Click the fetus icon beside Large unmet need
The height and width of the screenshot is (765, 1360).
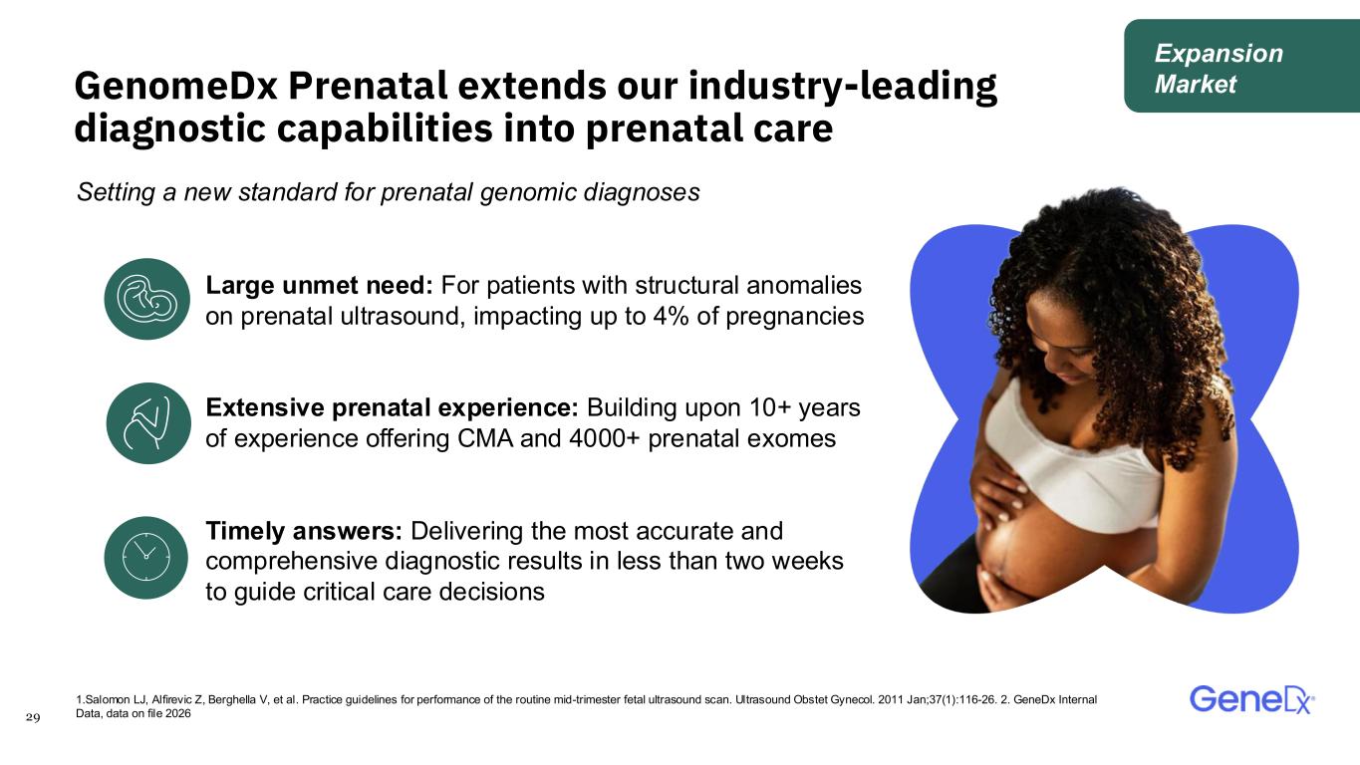pyautogui.click(x=146, y=299)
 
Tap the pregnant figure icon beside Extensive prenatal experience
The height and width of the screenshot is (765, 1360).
pyautogui.click(x=148, y=423)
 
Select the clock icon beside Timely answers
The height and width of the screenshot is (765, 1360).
pyautogui.click(x=146, y=558)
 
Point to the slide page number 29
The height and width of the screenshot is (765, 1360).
pyautogui.click(x=33, y=718)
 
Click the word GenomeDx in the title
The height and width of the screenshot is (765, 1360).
pyautogui.click(x=176, y=86)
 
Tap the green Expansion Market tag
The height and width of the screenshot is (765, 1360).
pyautogui.click(x=1241, y=66)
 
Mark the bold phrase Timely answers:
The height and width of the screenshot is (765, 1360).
pyautogui.click(x=304, y=531)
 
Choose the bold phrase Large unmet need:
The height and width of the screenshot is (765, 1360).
pyautogui.click(x=319, y=285)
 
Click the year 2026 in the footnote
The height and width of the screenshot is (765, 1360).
pyautogui.click(x=178, y=713)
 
